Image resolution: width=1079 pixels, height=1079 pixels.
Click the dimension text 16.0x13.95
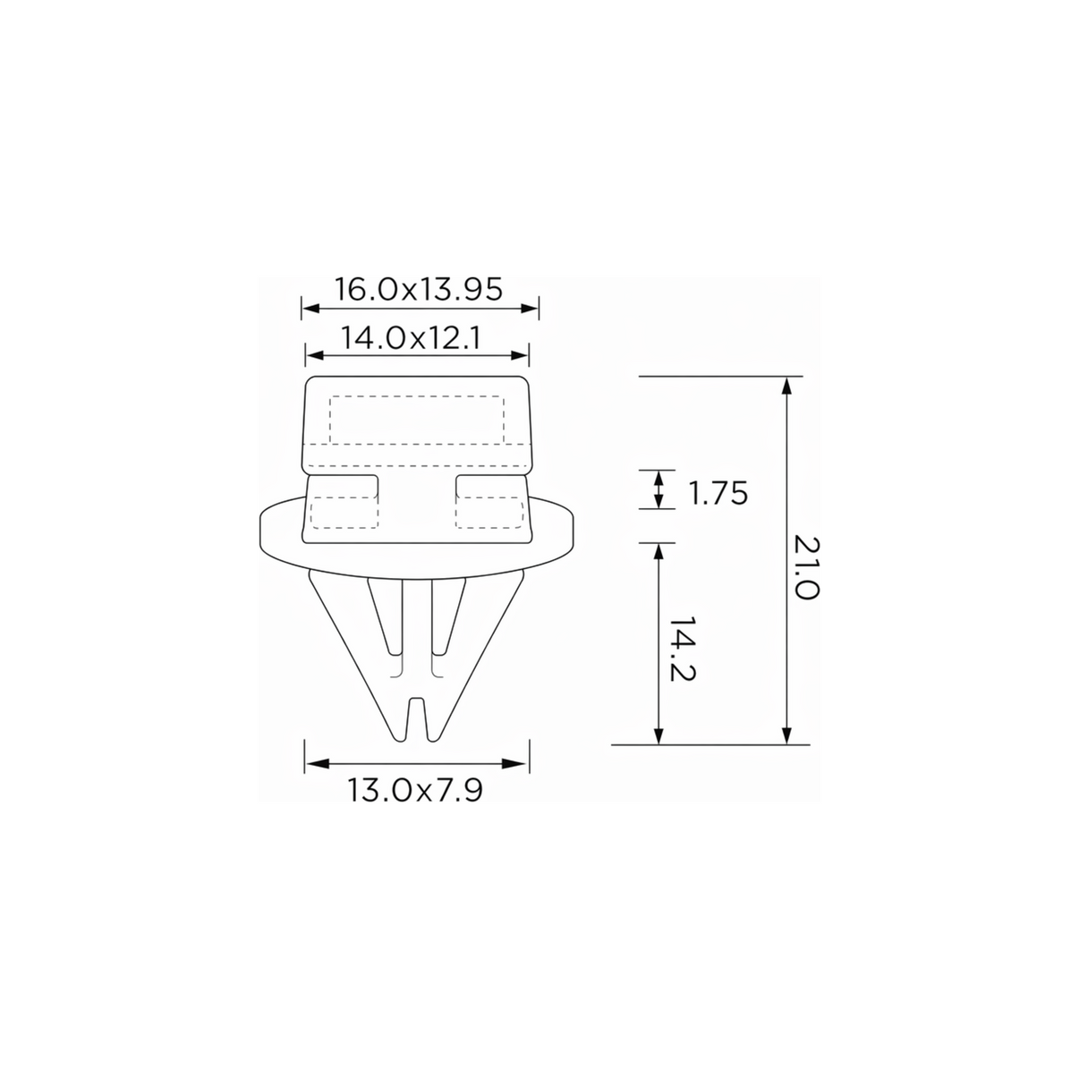point(419,289)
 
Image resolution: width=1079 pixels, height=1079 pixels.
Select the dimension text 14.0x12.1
point(411,338)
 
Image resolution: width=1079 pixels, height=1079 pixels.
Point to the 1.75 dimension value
point(718,493)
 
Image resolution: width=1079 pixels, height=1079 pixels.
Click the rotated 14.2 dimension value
point(683,649)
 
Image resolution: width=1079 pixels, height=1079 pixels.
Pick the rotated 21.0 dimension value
point(807,568)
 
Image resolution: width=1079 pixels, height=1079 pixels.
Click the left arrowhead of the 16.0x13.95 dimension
point(310,308)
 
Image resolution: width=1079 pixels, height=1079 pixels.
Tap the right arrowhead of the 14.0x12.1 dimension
point(520,355)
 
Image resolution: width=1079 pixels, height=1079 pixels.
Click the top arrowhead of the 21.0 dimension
point(786,387)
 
